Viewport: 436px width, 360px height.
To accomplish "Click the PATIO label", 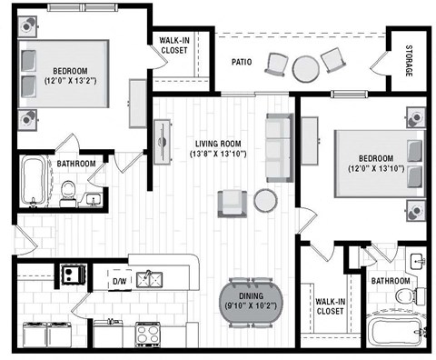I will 240,63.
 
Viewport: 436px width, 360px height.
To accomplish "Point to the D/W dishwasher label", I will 119,282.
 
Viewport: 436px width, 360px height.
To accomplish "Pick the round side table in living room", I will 265,200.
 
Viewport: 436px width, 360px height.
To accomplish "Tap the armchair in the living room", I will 232,203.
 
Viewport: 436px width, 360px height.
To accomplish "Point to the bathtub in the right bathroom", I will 396,330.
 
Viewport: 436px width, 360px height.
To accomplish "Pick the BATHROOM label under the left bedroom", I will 75,164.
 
